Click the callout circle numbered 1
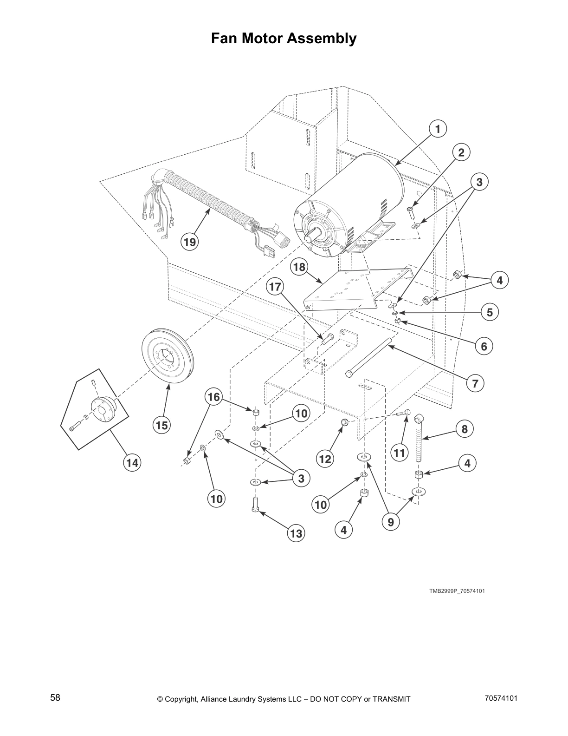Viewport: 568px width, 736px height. (438, 129)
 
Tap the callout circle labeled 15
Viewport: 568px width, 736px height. (161, 425)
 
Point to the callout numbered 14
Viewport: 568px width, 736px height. (133, 463)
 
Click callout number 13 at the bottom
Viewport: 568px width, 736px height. (296, 533)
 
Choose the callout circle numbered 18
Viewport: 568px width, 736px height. (300, 267)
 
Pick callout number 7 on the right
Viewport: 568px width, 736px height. (475, 383)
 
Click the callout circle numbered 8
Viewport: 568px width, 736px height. (465, 429)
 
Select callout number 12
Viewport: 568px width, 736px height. (325, 459)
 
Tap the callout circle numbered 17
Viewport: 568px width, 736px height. (275, 287)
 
